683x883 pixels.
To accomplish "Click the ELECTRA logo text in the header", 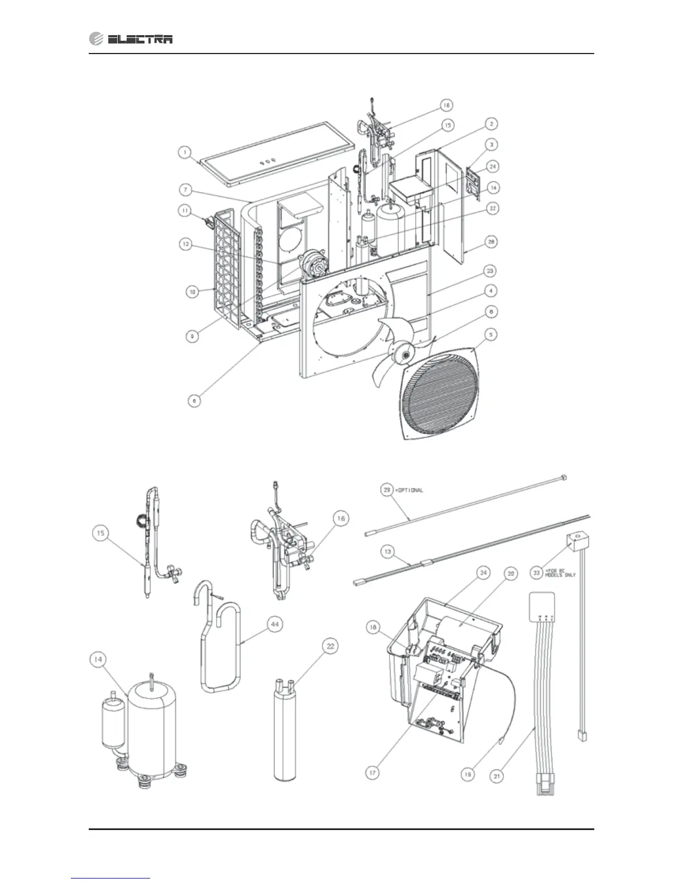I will point(140,39).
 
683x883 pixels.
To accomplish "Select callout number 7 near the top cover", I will point(186,191).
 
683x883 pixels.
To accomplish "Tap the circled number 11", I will point(185,211).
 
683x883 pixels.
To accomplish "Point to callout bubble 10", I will point(192,291).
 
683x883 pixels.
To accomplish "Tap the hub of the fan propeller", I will point(403,353).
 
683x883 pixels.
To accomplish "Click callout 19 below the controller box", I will point(469,774).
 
